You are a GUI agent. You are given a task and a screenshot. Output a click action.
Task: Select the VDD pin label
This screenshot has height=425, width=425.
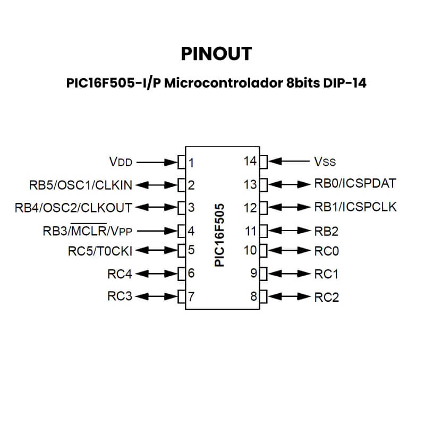click(x=120, y=161)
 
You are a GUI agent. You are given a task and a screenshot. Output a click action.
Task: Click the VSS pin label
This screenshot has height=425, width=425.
click(x=325, y=161)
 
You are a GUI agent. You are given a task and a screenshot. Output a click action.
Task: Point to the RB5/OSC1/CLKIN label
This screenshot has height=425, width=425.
click(x=81, y=185)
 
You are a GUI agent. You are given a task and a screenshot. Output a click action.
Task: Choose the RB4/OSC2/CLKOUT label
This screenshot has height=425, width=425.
click(x=73, y=207)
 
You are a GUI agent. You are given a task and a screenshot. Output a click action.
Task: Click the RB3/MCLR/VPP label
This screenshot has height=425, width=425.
click(x=87, y=231)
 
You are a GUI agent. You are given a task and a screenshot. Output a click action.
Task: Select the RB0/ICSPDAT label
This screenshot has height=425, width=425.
click(x=355, y=184)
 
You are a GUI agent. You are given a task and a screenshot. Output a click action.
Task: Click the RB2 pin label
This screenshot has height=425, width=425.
click(x=326, y=231)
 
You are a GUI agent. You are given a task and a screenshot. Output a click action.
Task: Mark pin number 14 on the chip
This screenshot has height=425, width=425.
click(x=250, y=161)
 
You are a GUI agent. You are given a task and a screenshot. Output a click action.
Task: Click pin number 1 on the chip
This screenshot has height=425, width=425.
click(x=191, y=162)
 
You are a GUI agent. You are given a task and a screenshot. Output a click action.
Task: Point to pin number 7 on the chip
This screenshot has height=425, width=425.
click(x=191, y=296)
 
